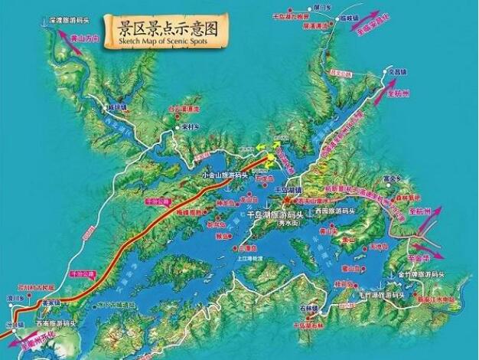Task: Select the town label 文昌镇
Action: [395, 71]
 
